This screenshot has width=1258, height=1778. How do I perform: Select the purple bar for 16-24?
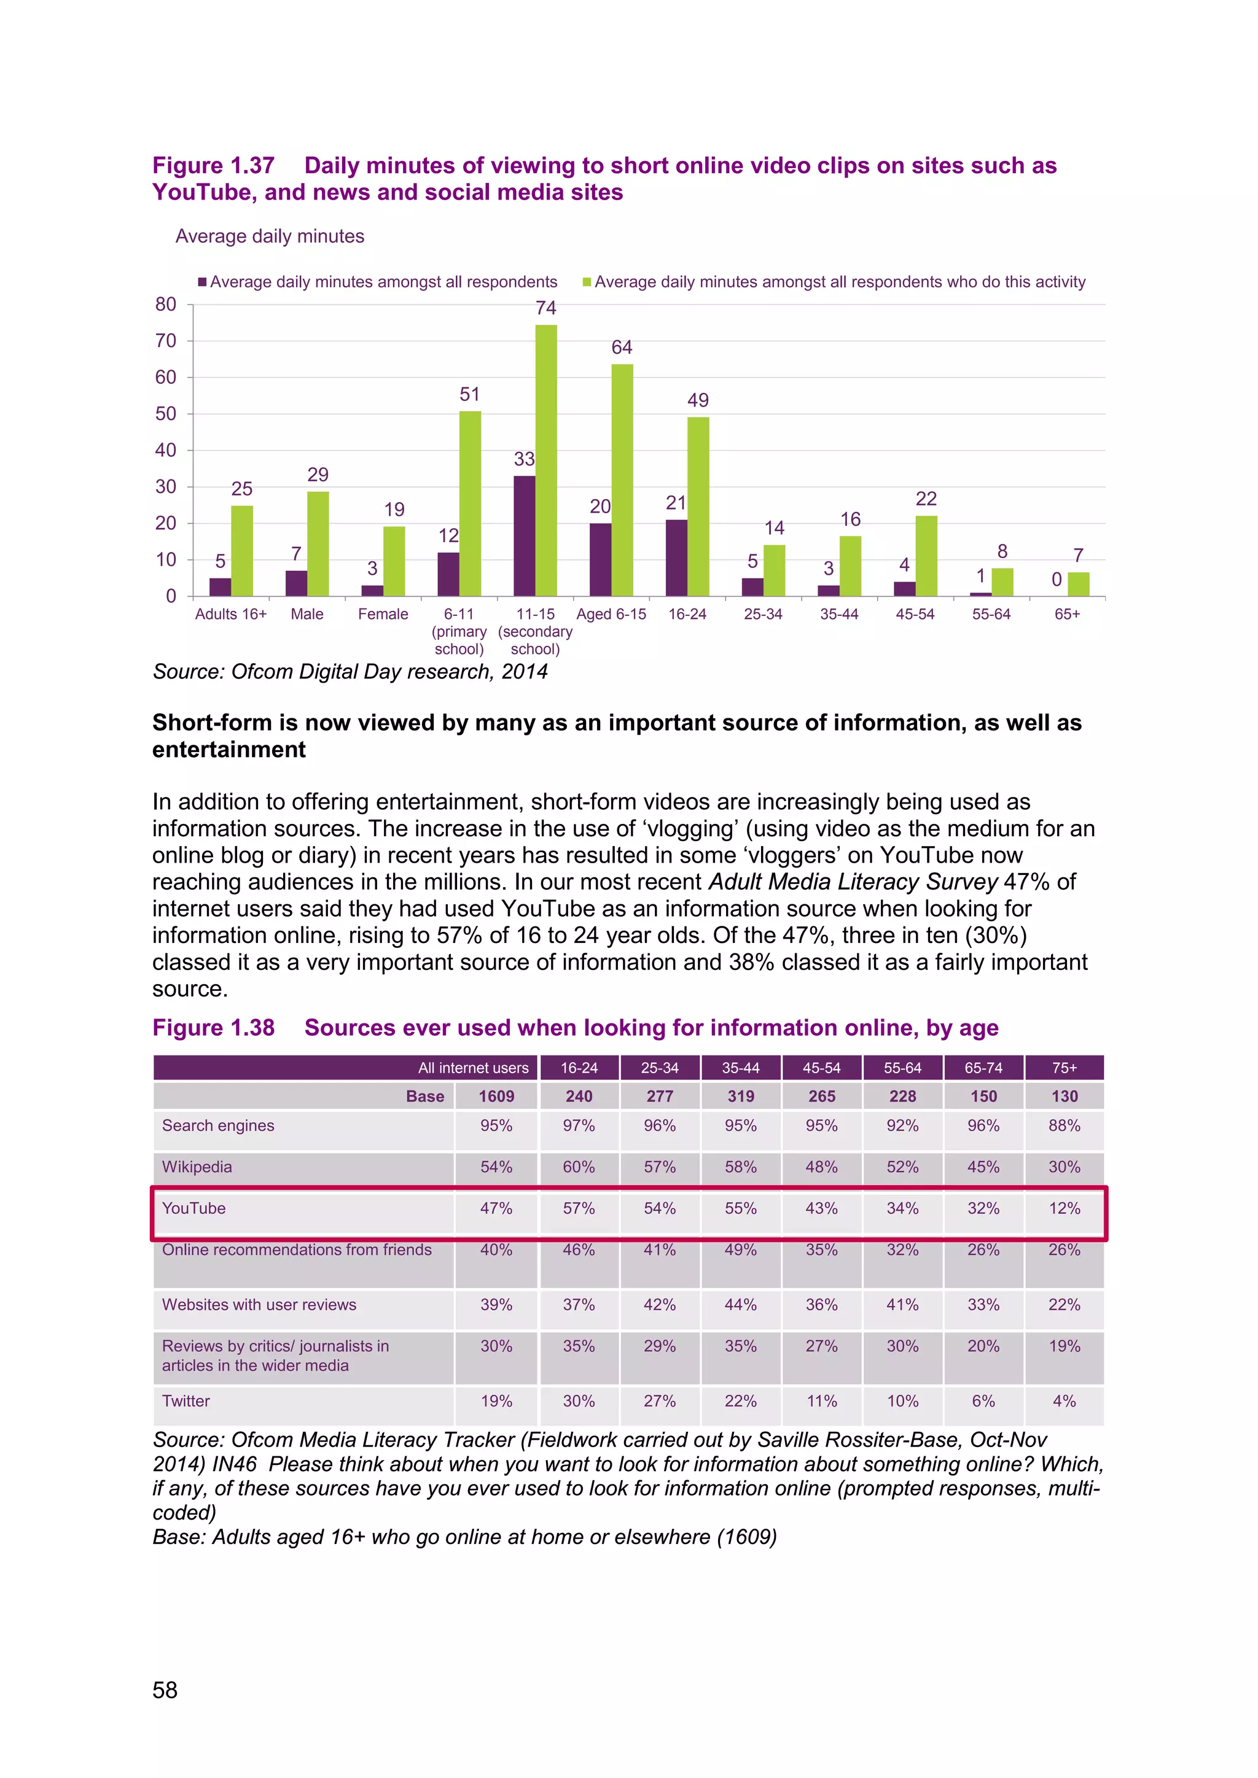tap(676, 557)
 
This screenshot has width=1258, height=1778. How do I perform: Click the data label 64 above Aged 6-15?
tap(622, 347)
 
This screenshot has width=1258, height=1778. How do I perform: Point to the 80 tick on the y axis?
tap(166, 305)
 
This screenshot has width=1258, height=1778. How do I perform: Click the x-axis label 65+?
tap(1067, 614)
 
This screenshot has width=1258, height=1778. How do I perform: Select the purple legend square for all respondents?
tap(203, 282)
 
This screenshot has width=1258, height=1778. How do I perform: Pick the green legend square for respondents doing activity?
tap(587, 282)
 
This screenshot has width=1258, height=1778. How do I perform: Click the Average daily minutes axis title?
tap(270, 236)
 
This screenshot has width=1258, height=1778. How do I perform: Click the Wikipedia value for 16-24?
tap(579, 1167)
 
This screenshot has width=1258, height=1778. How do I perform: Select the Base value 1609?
tap(496, 1097)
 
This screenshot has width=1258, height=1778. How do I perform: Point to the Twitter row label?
tap(186, 1401)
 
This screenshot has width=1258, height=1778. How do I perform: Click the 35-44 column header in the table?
tap(741, 1068)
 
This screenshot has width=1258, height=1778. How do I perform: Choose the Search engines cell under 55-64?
tap(902, 1126)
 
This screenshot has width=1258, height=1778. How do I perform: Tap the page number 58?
tap(165, 1690)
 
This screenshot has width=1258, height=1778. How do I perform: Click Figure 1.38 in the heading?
tap(214, 1028)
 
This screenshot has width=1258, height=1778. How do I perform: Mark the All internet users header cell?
tap(474, 1068)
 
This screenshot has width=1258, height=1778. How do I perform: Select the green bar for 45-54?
tap(926, 556)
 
